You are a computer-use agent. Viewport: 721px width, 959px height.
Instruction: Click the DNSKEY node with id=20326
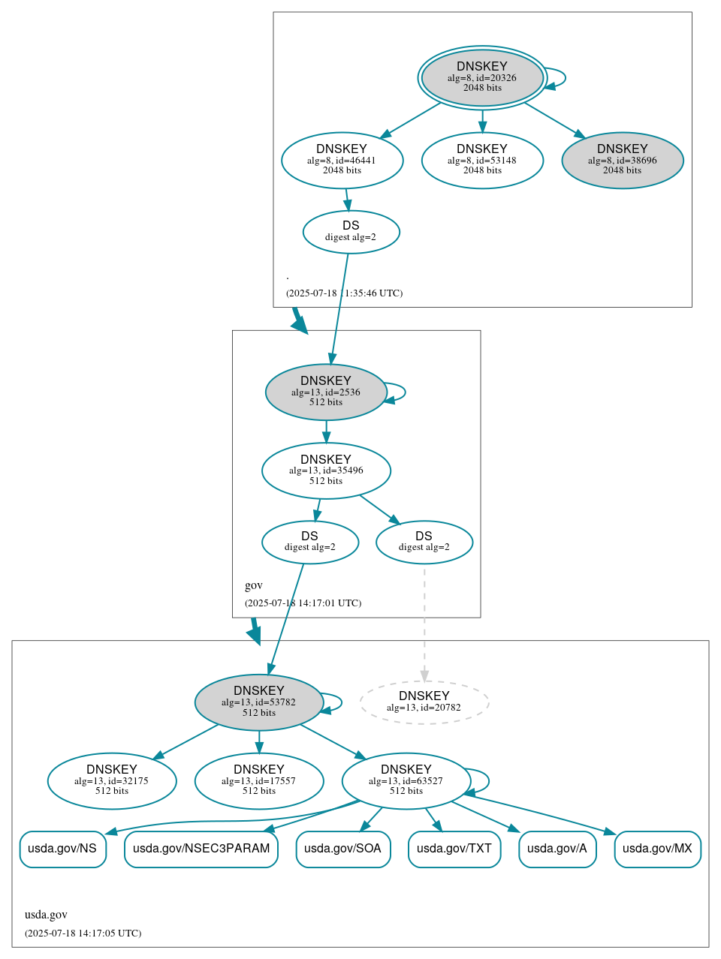[x=482, y=77]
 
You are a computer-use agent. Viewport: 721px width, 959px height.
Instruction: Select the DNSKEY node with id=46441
[x=342, y=160]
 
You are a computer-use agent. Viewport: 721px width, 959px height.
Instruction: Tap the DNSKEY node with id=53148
[x=482, y=160]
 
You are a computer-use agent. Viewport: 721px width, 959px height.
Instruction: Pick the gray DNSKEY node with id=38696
[x=622, y=160]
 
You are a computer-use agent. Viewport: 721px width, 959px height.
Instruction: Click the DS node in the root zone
[x=351, y=232]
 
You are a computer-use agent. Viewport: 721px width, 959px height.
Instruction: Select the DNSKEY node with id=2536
[x=325, y=392]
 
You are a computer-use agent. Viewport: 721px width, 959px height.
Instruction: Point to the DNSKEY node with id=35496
[x=326, y=470]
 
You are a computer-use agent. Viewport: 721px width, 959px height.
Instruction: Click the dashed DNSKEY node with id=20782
[x=424, y=702]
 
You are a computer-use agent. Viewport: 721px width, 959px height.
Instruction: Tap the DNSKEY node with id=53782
[x=258, y=702]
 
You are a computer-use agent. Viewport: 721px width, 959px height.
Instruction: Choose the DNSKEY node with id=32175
[x=112, y=781]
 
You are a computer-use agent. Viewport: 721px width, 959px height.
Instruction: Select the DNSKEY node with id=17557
[x=258, y=781]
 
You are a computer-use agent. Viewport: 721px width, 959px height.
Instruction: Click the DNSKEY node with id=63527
[x=406, y=781]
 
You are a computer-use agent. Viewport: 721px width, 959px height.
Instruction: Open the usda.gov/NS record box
[x=62, y=849]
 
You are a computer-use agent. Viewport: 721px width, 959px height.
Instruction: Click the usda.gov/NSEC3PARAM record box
[x=201, y=849]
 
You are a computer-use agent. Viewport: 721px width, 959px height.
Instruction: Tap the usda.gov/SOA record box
[x=342, y=849]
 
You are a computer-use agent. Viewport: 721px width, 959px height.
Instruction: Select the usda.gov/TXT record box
[x=454, y=849]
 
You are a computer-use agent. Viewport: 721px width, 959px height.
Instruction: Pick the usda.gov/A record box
[x=557, y=849]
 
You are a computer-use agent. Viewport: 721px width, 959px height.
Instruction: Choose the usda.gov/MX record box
[x=657, y=849]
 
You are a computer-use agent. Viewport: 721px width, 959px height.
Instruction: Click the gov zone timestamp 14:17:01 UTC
[x=303, y=603]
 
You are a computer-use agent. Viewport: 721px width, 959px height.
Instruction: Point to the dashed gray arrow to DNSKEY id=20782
[x=424, y=623]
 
